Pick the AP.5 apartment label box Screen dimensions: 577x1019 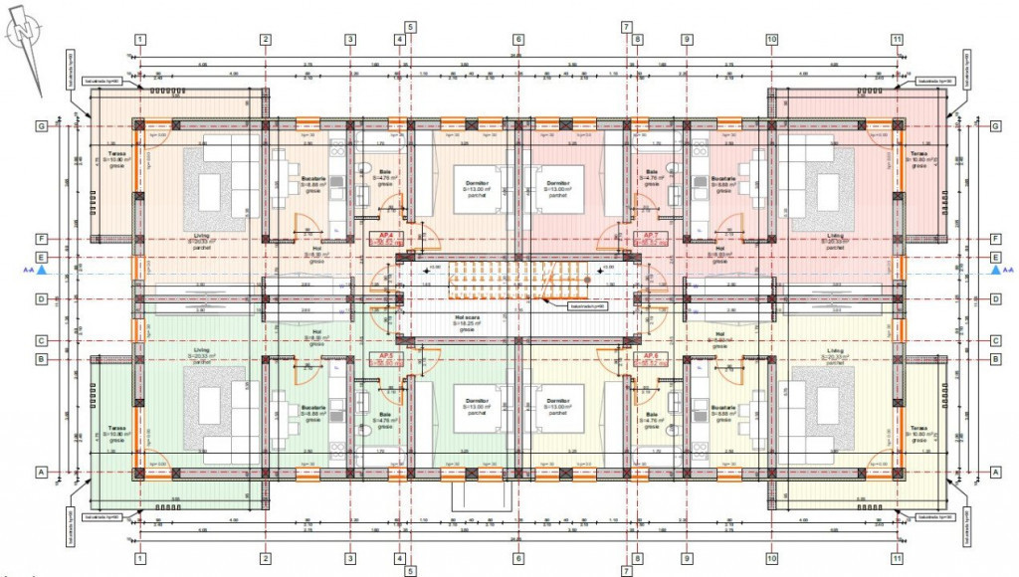pyautogui.click(x=383, y=359)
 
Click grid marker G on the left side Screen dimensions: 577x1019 pyautogui.click(x=43, y=126)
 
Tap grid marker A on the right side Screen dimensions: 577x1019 pyautogui.click(x=994, y=472)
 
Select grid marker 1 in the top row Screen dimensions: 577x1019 pyautogui.click(x=140, y=40)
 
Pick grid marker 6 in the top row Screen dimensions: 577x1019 pyautogui.click(x=517, y=40)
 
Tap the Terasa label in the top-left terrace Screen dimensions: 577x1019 pyautogui.click(x=117, y=155)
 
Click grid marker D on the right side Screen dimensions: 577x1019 pyautogui.click(x=994, y=299)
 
